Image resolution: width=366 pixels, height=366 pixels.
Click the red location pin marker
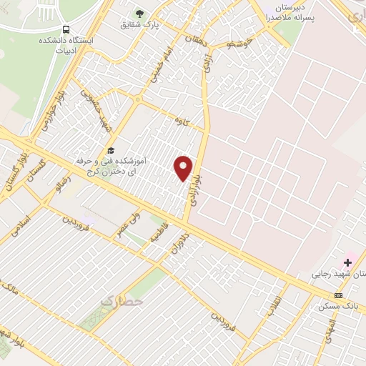(184, 167)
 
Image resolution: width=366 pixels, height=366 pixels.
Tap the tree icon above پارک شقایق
(139, 13)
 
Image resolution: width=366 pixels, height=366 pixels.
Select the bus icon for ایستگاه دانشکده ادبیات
(66, 30)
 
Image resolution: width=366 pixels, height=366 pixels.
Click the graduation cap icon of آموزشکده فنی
(111, 150)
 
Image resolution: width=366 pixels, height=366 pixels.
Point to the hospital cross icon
(347, 262)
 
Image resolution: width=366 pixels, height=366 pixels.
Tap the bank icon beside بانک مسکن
(338, 295)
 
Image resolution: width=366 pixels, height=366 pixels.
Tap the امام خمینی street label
(158, 71)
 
